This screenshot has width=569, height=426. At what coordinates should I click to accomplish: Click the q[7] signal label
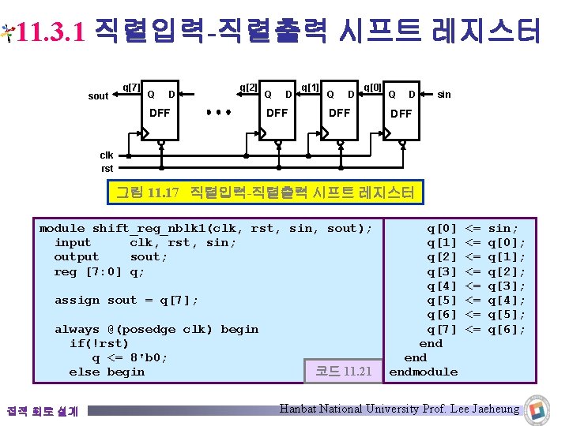pyautogui.click(x=131, y=86)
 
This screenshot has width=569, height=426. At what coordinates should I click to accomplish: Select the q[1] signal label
pyautogui.click(x=310, y=86)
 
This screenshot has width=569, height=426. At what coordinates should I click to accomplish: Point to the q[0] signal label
pyautogui.click(x=372, y=86)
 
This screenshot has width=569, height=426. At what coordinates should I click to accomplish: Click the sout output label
pyautogui.click(x=98, y=95)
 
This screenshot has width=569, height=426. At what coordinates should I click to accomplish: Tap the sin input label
pyautogui.click(x=444, y=95)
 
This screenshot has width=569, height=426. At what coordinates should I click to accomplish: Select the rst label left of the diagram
pyautogui.click(x=107, y=168)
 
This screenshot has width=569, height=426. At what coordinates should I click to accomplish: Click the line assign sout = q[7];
pyautogui.click(x=126, y=300)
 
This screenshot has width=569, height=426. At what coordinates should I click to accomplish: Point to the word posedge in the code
pyautogui.click(x=149, y=329)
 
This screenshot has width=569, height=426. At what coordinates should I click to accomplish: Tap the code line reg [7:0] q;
pyautogui.click(x=100, y=271)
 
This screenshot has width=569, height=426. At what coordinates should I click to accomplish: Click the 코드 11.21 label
pyautogui.click(x=343, y=370)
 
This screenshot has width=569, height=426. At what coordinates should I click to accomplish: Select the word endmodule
pyautogui.click(x=424, y=372)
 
